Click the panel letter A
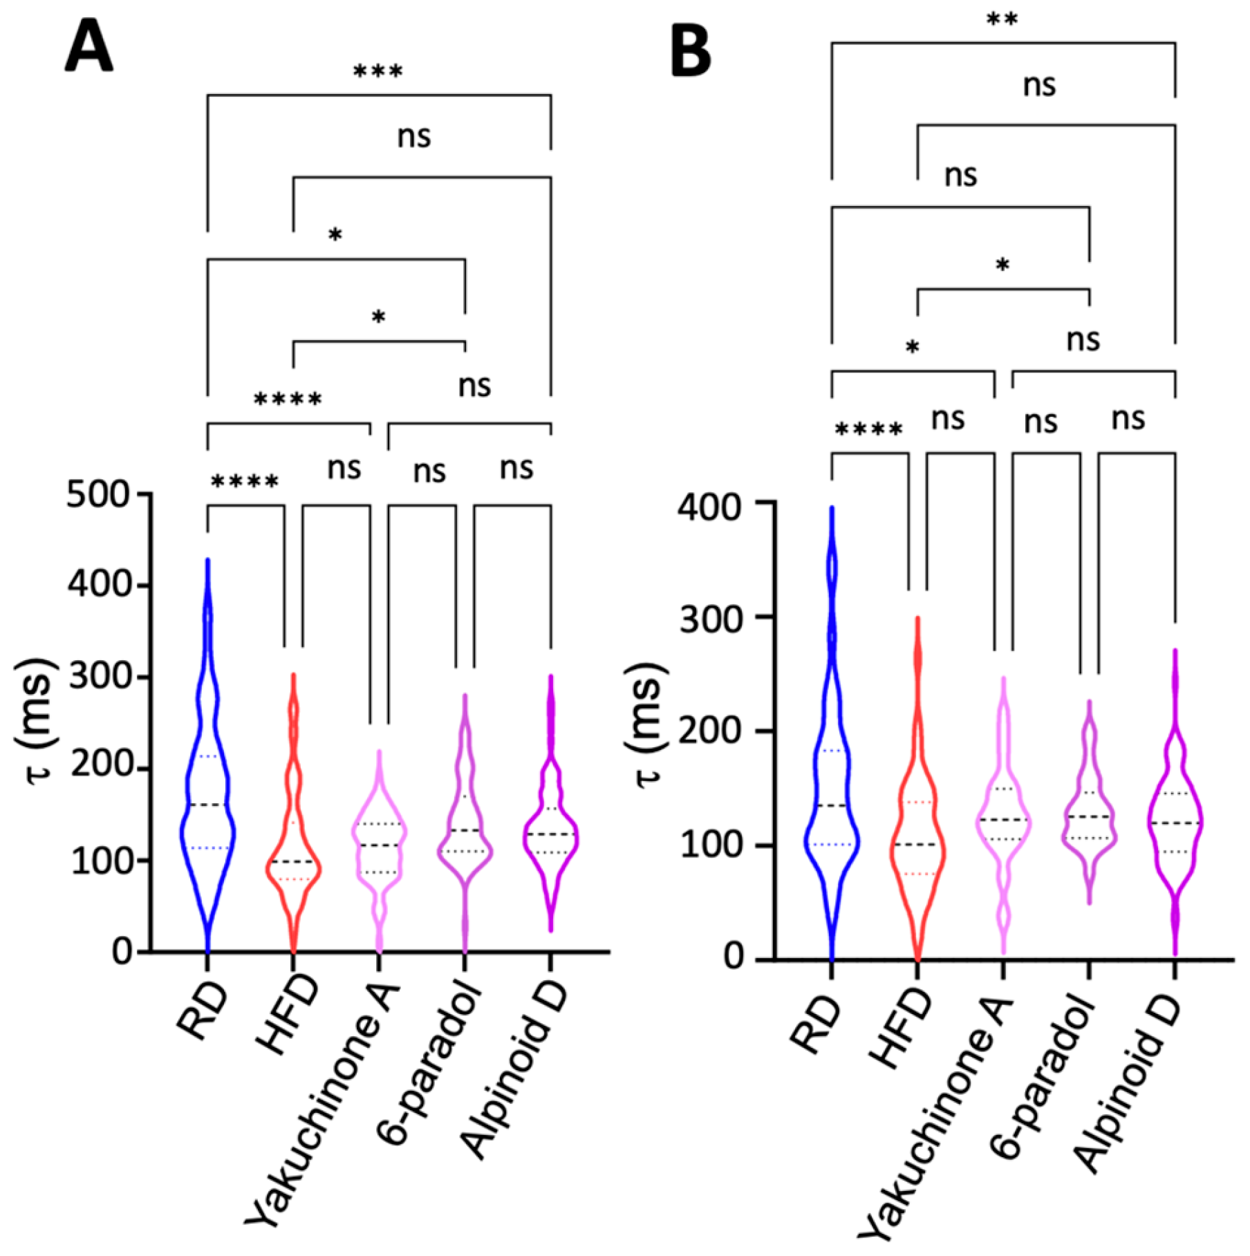[89, 46]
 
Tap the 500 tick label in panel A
[97, 495]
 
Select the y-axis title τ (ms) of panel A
[36, 719]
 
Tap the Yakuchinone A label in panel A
[325, 1099]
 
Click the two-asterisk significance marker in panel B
[1002, 19]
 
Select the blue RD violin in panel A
[207, 795]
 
